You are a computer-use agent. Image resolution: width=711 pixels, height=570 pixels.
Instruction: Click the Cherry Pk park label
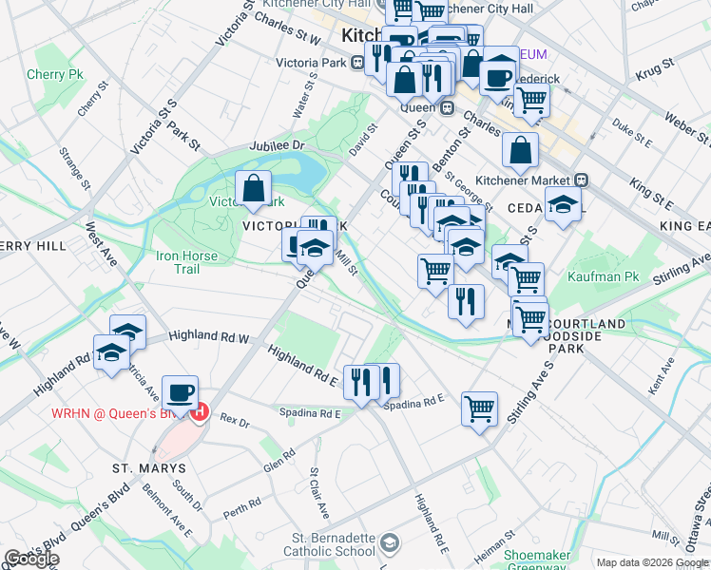pyautogui.click(x=55, y=74)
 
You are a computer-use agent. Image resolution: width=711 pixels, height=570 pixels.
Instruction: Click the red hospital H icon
pyautogui.click(x=199, y=411)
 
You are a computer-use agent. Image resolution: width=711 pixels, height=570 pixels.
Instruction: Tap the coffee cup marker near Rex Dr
pyautogui.click(x=180, y=392)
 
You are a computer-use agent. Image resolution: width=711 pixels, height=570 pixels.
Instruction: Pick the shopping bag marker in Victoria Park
pyautogui.click(x=254, y=189)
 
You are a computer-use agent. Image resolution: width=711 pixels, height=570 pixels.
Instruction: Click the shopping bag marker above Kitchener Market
pyautogui.click(x=521, y=150)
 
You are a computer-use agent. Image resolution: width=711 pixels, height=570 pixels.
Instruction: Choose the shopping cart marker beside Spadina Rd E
pyautogui.click(x=480, y=409)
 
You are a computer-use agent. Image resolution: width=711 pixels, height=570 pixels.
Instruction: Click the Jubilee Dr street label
pyautogui.click(x=276, y=145)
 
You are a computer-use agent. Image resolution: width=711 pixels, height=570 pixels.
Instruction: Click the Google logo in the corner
pyautogui.click(x=30, y=559)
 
